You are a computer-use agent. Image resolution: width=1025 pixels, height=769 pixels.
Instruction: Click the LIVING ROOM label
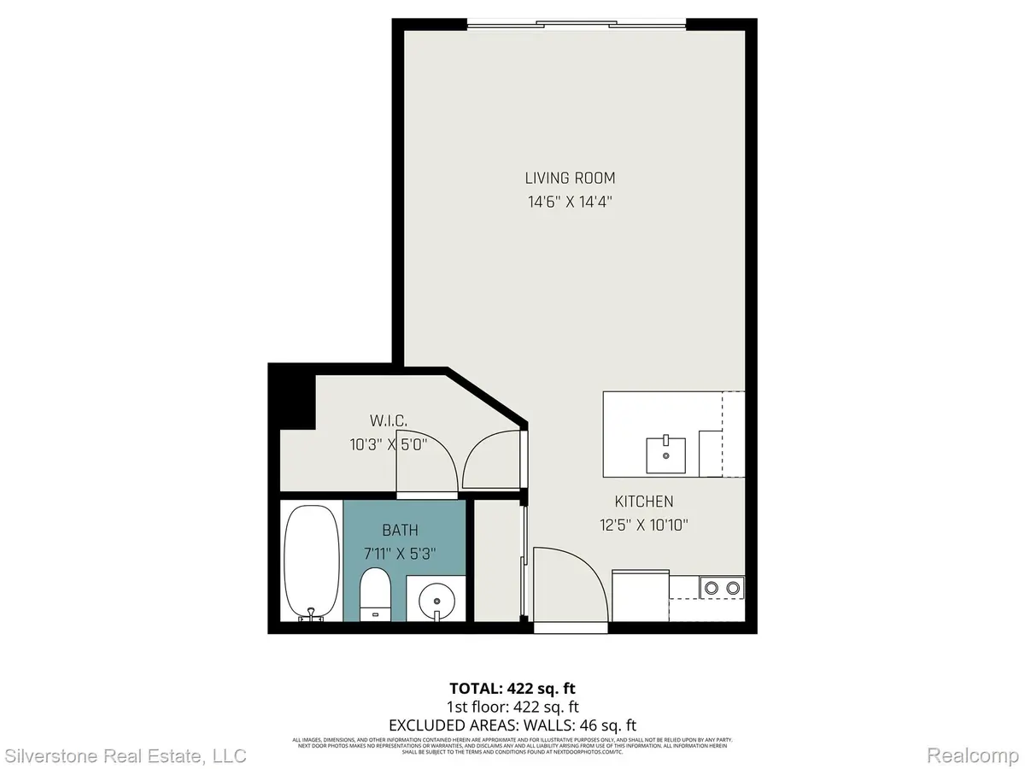click(570, 179)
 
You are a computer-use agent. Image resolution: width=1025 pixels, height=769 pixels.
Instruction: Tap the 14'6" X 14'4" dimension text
click(570, 203)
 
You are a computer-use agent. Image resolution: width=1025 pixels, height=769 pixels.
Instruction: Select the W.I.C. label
click(388, 420)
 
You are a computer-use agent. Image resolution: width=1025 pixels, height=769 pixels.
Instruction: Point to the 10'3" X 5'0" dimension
click(388, 443)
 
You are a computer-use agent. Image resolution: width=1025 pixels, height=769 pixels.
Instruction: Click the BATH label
click(401, 531)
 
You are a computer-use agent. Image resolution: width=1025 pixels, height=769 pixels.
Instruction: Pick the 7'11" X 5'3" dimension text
click(401, 554)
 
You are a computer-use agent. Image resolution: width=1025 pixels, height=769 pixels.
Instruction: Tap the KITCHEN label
click(644, 502)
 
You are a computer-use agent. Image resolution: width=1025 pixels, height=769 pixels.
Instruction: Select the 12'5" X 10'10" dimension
click(644, 525)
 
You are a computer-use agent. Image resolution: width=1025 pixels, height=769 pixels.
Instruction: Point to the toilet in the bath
click(374, 596)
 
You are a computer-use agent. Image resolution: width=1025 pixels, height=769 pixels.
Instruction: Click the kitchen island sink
click(665, 454)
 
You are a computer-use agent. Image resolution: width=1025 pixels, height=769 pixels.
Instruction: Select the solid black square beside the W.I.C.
click(291, 397)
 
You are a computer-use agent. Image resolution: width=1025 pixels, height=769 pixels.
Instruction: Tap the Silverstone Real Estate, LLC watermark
click(126, 755)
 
